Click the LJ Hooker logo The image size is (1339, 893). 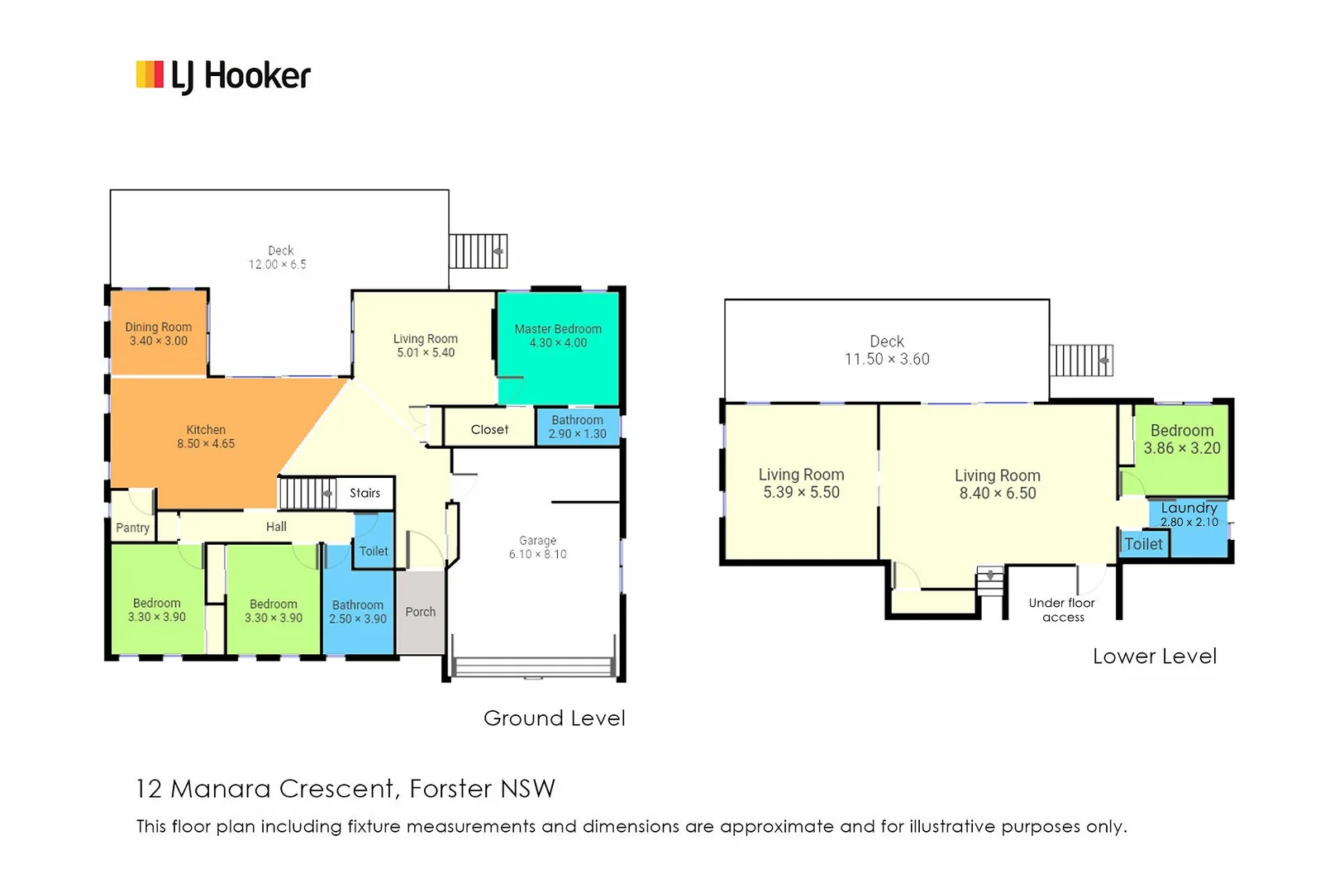pyautogui.click(x=223, y=76)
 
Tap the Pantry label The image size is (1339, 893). pyautogui.click(x=133, y=528)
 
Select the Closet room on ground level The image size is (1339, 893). pyautogui.click(x=489, y=429)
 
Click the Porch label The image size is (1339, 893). pyautogui.click(x=421, y=612)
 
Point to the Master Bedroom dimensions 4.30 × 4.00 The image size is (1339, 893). pyautogui.click(x=558, y=342)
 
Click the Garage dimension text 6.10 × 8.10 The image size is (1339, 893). pyautogui.click(x=538, y=554)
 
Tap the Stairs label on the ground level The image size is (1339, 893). pyautogui.click(x=365, y=493)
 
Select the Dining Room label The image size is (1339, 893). pyautogui.click(x=159, y=327)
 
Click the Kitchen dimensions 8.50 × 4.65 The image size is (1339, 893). pyautogui.click(x=206, y=443)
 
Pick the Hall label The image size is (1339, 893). pyautogui.click(x=276, y=527)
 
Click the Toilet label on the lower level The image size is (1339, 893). pyautogui.click(x=1144, y=544)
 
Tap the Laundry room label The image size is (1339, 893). pyautogui.click(x=1189, y=508)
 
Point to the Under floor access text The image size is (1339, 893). pyautogui.click(x=1062, y=610)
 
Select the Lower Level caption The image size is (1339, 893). pyautogui.click(x=1155, y=657)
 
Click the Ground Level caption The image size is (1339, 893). pyautogui.click(x=555, y=719)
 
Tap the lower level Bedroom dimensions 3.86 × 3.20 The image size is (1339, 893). pyautogui.click(x=1182, y=448)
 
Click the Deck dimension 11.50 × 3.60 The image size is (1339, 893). pyautogui.click(x=887, y=359)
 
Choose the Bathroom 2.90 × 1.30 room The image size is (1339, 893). pyautogui.click(x=578, y=427)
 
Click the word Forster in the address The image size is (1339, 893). pyautogui.click(x=451, y=789)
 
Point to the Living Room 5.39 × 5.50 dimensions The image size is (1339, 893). pyautogui.click(x=801, y=492)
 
